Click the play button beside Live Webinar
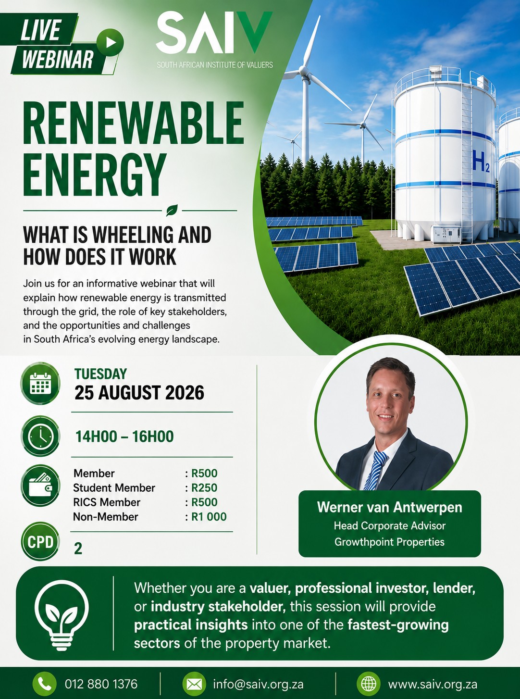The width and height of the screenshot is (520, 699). tap(110, 42)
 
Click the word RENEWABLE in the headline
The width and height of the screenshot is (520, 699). tap(134, 123)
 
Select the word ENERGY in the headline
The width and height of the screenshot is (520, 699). tap(95, 175)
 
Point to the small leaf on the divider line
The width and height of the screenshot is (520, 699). tap(172, 210)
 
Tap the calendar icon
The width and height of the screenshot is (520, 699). tap(40, 384)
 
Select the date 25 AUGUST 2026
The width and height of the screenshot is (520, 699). tap(139, 393)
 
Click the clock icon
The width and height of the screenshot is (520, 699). tap(40, 436)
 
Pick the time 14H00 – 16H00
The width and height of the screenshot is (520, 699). tap(124, 437)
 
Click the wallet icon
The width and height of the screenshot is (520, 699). tap(40, 486)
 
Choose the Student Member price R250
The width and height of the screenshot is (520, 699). tap(204, 488)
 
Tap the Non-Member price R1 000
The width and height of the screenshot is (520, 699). tap(209, 517)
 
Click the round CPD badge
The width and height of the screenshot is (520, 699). tap(40, 541)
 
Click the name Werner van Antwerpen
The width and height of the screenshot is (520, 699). tap(390, 507)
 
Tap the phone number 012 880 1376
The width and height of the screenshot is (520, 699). tap(101, 684)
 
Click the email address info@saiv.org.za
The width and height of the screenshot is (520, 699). tap(259, 684)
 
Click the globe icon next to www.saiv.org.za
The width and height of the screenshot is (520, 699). tap(369, 684)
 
